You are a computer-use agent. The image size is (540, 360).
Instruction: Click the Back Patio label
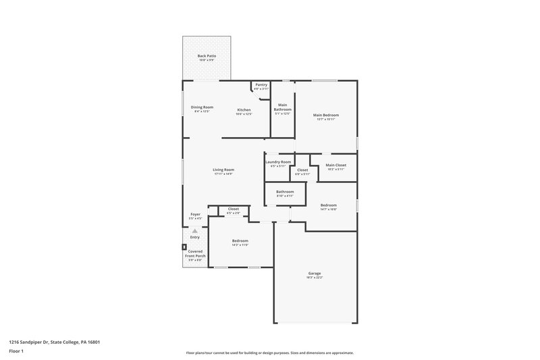coord(207,56)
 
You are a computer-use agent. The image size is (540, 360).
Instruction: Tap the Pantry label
coord(261,85)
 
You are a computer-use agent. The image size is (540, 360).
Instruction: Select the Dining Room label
coord(202,107)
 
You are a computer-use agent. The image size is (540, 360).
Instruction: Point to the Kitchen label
coord(244,110)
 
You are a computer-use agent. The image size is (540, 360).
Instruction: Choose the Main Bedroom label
coord(325,115)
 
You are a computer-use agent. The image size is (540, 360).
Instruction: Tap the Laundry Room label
coord(278,162)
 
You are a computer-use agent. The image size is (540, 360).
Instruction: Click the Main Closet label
coord(335,165)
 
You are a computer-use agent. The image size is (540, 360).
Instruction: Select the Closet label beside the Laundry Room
coord(302,170)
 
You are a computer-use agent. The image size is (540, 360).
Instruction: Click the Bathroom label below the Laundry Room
coord(285,192)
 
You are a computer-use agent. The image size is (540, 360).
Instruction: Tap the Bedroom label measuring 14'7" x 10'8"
coord(329,205)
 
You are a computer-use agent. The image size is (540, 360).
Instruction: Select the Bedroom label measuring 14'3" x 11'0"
coord(240,241)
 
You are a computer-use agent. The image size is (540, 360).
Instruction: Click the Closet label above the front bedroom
coord(234,209)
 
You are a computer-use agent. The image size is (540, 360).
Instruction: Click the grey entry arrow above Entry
coord(195,231)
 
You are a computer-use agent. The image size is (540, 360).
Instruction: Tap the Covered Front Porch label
coord(194,254)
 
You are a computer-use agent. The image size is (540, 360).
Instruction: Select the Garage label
coord(315,274)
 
